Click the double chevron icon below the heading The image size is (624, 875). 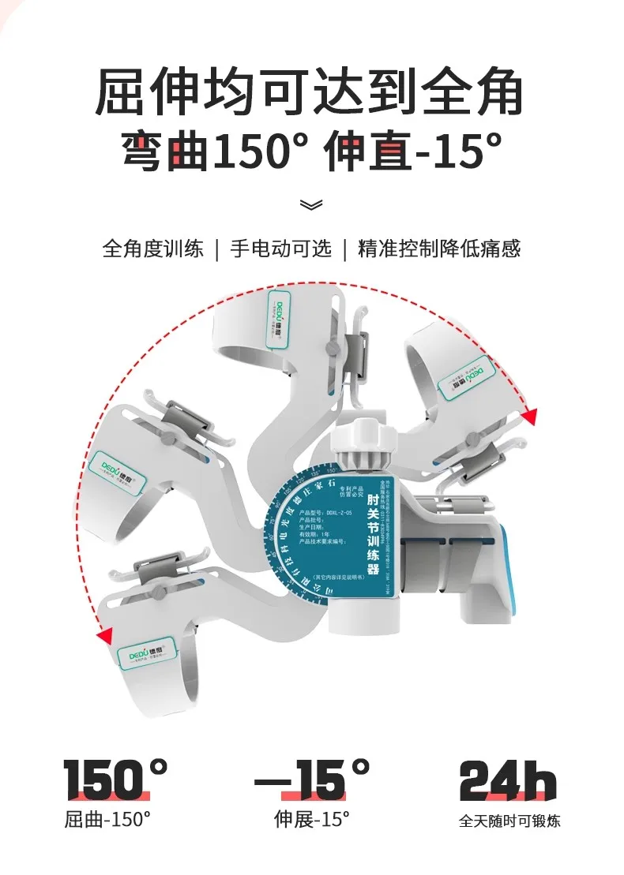click(x=312, y=205)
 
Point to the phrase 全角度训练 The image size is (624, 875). click(x=152, y=249)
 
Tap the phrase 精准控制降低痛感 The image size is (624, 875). click(x=439, y=249)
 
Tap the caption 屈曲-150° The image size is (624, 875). click(x=107, y=819)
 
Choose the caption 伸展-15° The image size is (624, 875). click(x=311, y=819)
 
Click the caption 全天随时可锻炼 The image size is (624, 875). click(x=509, y=821)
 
